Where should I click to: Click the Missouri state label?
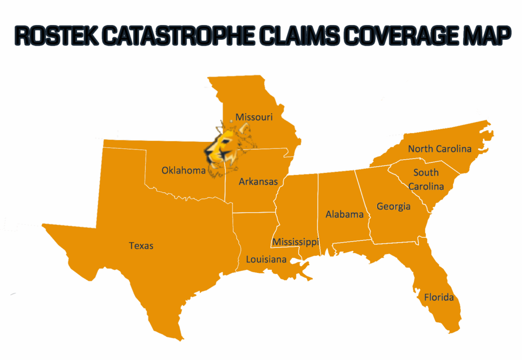[x=254, y=117]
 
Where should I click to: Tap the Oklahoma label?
[x=184, y=170]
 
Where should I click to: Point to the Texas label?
[x=141, y=246]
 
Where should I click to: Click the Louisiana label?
[x=266, y=260]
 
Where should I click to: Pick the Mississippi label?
[x=296, y=242]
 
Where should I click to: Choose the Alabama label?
[x=345, y=214]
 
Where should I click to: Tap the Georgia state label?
[x=394, y=207]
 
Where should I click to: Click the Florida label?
[x=439, y=297]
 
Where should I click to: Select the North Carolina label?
[x=439, y=149]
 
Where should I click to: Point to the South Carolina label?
[x=426, y=179]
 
